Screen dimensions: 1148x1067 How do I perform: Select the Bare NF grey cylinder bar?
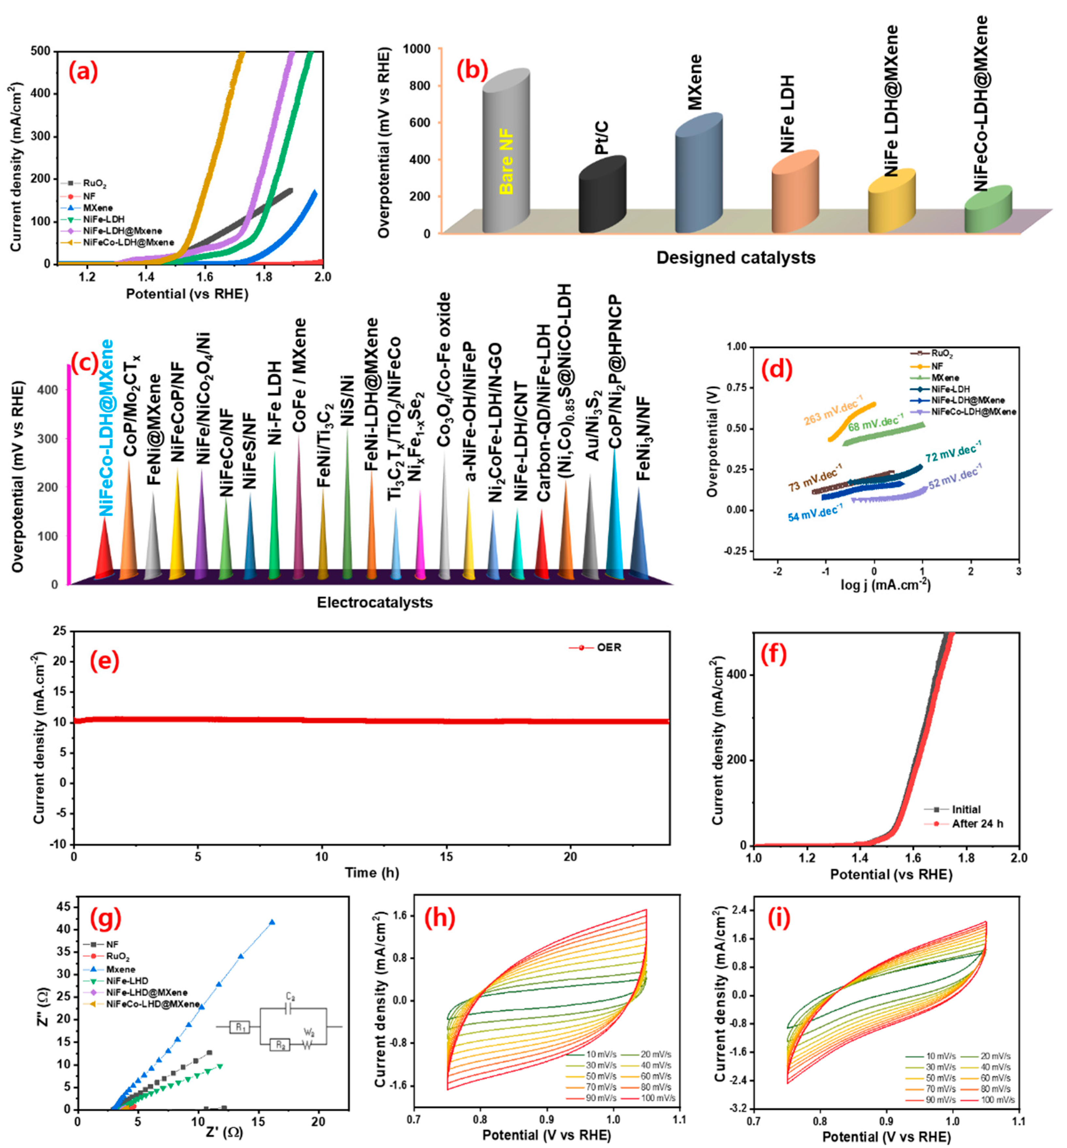[506, 156]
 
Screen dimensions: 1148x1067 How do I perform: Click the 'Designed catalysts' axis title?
[736, 257]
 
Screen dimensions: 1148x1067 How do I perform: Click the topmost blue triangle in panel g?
[272, 922]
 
